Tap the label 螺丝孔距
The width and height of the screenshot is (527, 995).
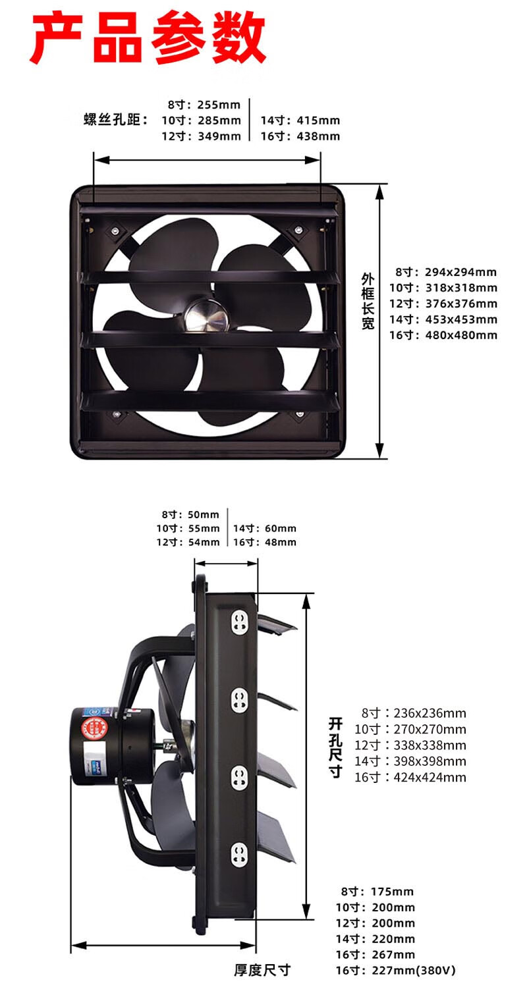tap(115, 120)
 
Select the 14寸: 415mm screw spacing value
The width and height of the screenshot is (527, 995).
tap(300, 121)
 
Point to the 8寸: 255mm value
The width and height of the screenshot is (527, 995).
tap(204, 105)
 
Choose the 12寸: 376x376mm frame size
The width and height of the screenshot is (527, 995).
tap(443, 304)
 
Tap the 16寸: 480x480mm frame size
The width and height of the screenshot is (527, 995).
tap(443, 335)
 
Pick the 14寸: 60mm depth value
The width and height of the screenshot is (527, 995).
tap(265, 529)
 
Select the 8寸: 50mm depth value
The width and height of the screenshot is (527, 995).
tap(190, 515)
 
